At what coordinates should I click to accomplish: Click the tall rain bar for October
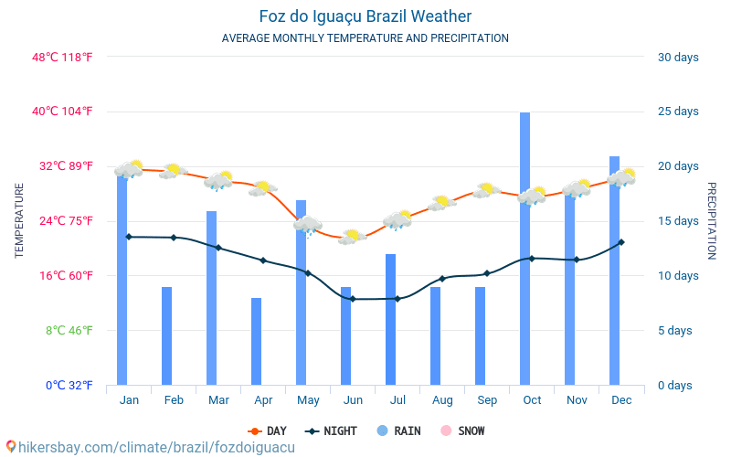525,249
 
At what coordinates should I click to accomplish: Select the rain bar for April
257,341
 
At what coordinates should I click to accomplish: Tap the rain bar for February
167,335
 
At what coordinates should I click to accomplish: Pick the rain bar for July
391,319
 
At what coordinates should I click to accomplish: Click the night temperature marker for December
621,242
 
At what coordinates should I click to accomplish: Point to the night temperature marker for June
353,299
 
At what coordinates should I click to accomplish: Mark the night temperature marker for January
129,237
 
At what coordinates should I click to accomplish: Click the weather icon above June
352,237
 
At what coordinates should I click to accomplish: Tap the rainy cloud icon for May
308,225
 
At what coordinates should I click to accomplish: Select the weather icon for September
486,190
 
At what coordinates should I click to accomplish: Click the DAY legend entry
268,430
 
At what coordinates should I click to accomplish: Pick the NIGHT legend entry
332,430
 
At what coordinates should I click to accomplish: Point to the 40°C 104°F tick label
62,112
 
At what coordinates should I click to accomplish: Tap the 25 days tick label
678,112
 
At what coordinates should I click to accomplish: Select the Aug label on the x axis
442,399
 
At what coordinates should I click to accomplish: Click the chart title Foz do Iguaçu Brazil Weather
365,16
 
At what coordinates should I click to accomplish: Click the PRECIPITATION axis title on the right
712,220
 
